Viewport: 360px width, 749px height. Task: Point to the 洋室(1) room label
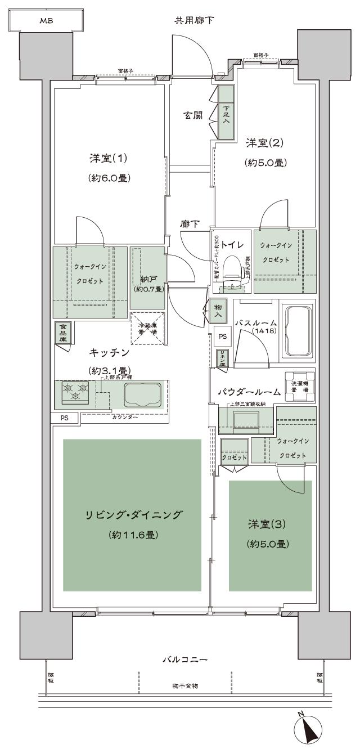pos(110,158)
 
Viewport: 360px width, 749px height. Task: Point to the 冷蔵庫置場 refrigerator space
pos(147,329)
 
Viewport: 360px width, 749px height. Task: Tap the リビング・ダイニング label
pos(132,515)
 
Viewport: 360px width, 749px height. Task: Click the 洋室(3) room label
pos(267,524)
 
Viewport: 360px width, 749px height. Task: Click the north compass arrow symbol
pos(308,730)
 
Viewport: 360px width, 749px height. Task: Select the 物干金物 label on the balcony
pos(185,687)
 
